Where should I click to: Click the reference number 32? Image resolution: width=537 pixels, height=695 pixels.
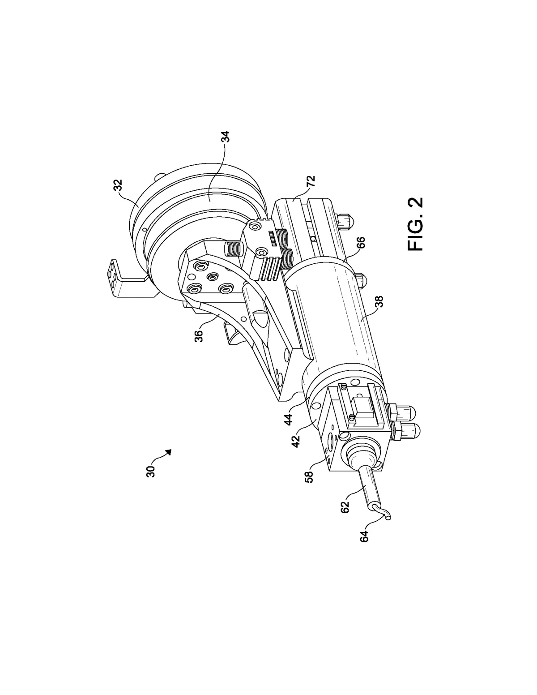118,185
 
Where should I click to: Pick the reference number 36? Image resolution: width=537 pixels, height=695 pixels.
198,336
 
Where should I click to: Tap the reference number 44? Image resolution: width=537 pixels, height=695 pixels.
289,420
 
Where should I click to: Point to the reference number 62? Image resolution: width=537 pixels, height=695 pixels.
345,506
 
